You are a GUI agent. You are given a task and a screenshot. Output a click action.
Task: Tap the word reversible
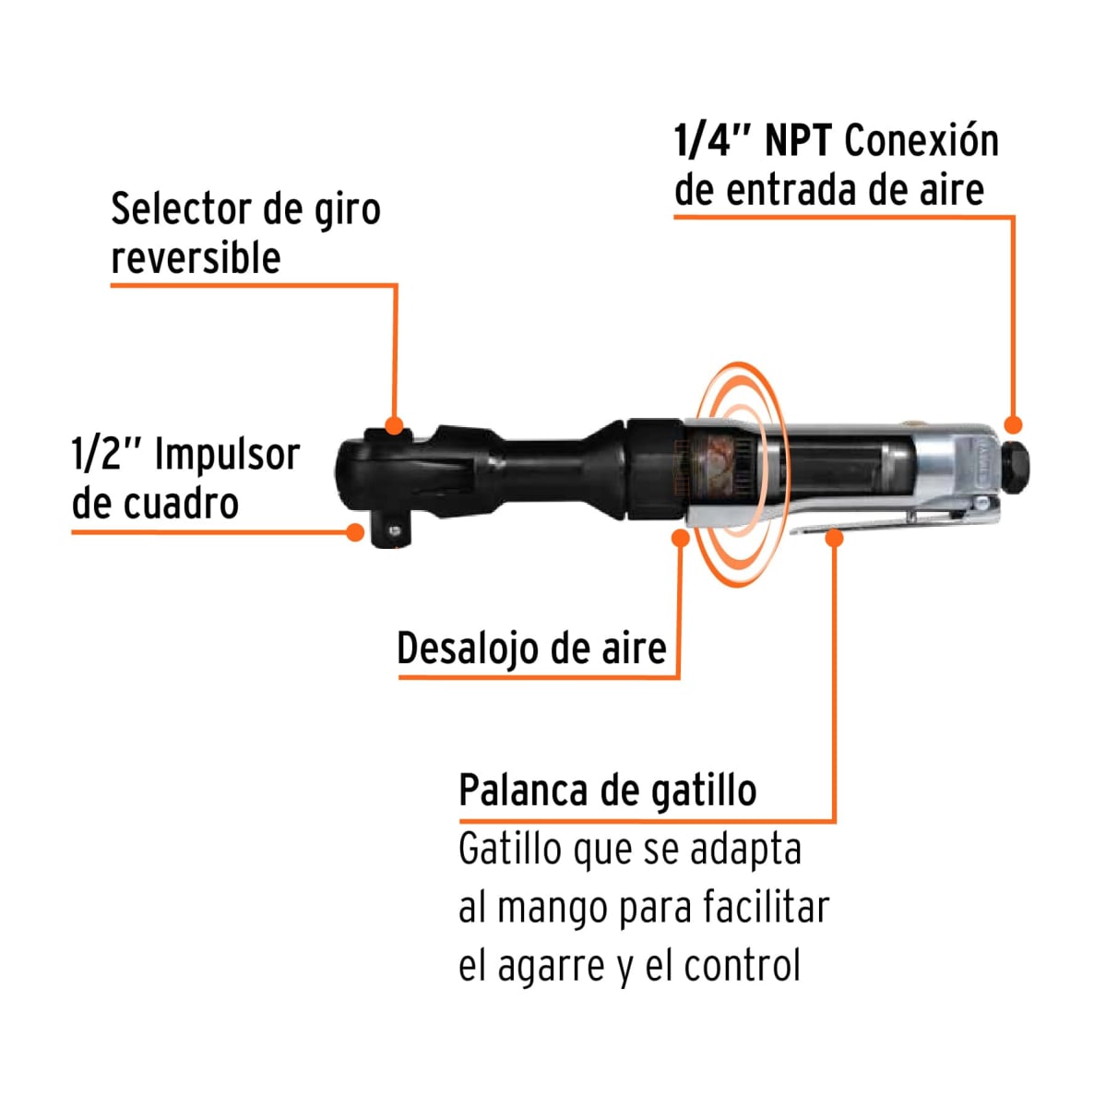196,257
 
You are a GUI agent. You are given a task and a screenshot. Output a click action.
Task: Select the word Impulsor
227,455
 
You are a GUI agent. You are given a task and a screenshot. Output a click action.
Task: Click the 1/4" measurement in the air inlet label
712,141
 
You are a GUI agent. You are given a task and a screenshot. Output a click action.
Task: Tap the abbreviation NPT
799,141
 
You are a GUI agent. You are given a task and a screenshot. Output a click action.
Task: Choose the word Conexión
921,141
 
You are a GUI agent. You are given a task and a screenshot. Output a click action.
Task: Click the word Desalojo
469,649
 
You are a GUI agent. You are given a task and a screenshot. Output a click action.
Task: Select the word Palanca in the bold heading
522,791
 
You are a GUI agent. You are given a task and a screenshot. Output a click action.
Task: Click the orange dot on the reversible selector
394,426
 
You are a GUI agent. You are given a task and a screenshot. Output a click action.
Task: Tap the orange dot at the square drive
354,531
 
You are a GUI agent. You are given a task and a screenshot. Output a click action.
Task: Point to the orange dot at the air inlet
1013,425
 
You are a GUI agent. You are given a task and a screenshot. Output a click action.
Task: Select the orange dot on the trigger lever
834,537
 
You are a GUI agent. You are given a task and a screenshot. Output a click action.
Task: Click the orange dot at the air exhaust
681,538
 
